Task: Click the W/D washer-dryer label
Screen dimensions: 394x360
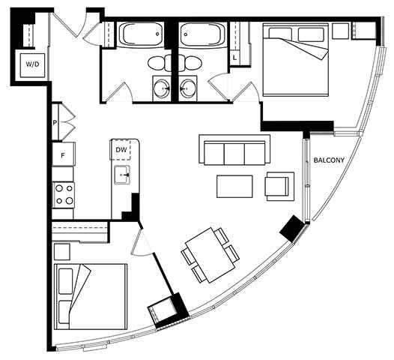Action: click(33, 64)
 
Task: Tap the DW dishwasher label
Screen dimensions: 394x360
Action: click(121, 150)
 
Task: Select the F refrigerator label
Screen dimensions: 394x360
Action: click(63, 155)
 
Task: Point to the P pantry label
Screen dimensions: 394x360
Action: click(55, 123)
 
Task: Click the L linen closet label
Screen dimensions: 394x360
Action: click(234, 58)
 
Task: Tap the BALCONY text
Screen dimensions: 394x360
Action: click(329, 160)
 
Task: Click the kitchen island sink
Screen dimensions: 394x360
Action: click(122, 175)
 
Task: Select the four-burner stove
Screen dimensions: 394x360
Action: click(63, 195)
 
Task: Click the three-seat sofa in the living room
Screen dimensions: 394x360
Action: click(234, 150)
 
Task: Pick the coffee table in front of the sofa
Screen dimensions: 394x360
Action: click(234, 187)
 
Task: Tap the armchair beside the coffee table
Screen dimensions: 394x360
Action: click(279, 186)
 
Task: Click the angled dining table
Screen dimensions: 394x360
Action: click(210, 255)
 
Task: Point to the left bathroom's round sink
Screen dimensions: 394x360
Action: click(162, 88)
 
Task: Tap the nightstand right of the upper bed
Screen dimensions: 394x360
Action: click(341, 31)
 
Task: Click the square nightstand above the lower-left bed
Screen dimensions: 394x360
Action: click(62, 251)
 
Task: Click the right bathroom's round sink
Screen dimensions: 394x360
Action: click(187, 88)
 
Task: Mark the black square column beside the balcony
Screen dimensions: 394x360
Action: click(291, 229)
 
